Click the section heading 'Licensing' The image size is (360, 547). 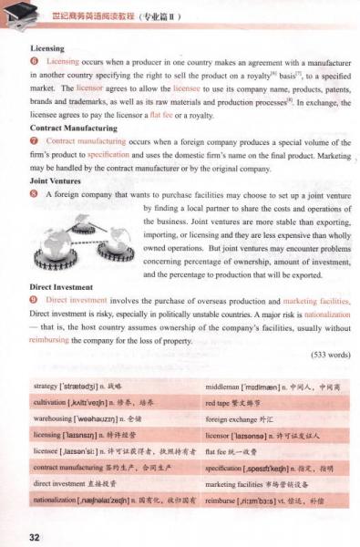click(46, 47)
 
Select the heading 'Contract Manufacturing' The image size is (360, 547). click(76, 128)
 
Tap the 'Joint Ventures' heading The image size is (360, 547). click(57, 180)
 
